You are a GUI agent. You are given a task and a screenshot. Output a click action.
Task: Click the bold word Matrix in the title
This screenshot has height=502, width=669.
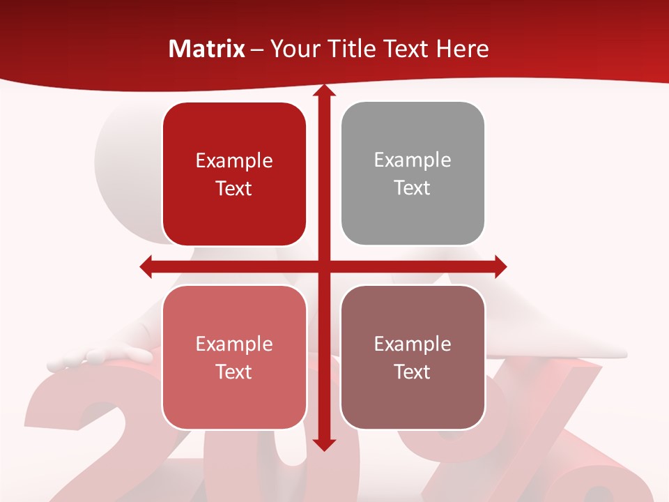[207, 49]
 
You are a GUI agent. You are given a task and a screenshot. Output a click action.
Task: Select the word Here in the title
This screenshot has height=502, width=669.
[462, 49]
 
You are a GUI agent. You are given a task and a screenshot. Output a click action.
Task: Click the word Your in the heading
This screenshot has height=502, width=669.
[295, 49]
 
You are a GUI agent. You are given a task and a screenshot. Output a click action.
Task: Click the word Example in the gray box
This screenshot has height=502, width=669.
[413, 160]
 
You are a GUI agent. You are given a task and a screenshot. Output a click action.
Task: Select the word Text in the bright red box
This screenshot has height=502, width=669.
[234, 188]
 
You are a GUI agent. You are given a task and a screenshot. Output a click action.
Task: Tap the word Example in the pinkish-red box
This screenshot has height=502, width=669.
[234, 344]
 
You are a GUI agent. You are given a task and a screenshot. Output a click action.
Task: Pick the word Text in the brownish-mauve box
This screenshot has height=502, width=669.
[413, 372]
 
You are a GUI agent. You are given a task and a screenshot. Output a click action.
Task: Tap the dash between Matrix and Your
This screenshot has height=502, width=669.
[257, 50]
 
